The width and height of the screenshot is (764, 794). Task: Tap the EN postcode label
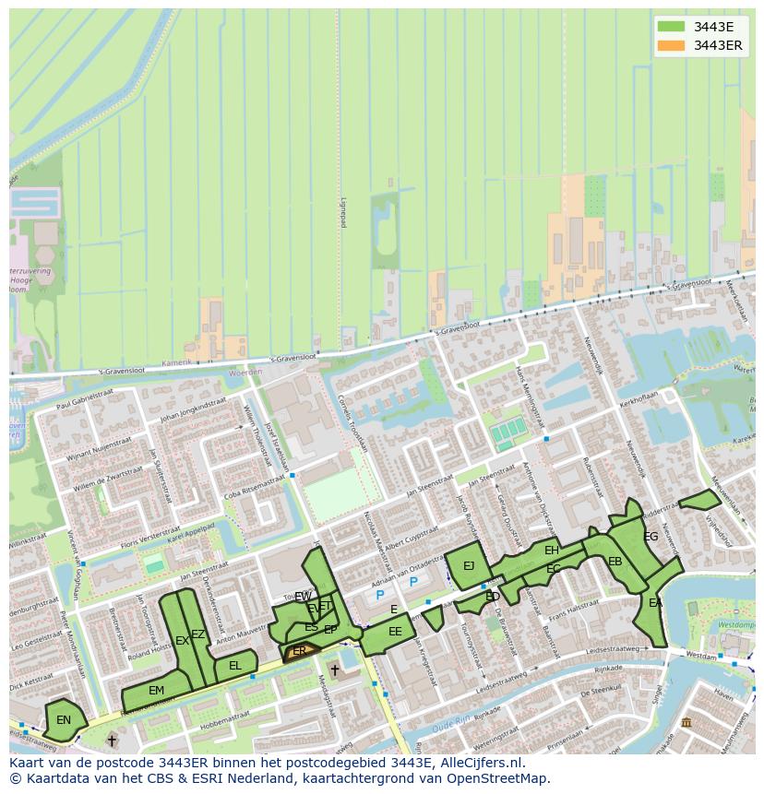point(63,720)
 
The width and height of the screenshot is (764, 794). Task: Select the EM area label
point(156,691)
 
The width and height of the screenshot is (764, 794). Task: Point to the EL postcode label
point(235,666)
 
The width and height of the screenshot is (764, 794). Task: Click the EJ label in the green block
point(468,565)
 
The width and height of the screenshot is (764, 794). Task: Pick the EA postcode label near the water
point(655,603)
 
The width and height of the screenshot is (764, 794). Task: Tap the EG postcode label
point(651,537)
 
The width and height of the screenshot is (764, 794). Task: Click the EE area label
point(395,632)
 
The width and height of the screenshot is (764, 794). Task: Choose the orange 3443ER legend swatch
point(671,45)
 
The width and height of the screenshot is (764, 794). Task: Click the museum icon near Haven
point(686,721)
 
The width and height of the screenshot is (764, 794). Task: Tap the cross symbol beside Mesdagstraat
point(334,670)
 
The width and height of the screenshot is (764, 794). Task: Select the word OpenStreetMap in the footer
point(497,778)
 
